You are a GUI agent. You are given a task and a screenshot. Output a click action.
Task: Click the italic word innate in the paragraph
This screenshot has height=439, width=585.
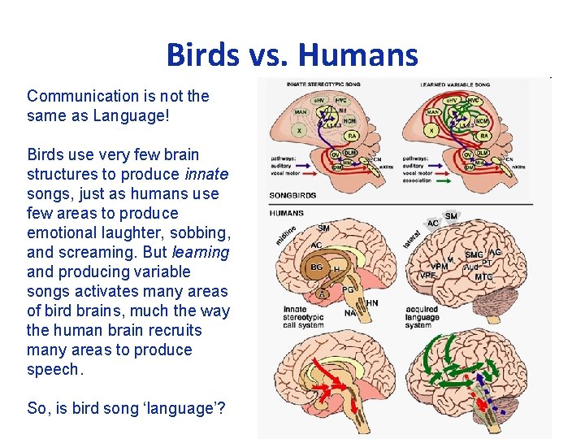click(x=206, y=174)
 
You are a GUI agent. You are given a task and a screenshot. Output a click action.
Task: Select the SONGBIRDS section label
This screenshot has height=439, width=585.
click(x=292, y=196)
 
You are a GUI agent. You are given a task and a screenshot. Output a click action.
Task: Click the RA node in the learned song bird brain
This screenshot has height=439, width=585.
click(x=483, y=136)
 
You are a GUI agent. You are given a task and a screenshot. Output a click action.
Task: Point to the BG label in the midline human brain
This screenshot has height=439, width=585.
click(x=316, y=266)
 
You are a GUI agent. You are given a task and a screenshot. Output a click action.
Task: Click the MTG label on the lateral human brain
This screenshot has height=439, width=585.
click(x=484, y=277)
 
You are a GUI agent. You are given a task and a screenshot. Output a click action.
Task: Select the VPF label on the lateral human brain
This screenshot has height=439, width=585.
click(x=427, y=276)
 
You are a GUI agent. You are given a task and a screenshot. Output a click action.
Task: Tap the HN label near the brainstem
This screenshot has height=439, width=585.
click(x=372, y=303)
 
